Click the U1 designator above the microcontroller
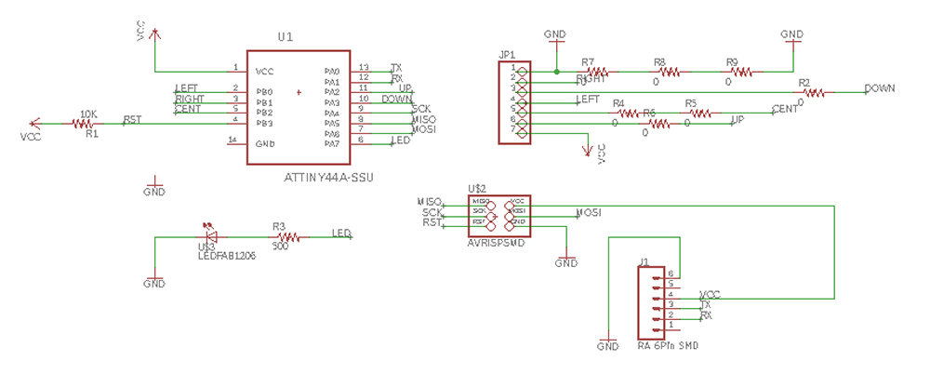pyautogui.click(x=286, y=37)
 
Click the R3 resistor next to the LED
pyautogui.click(x=286, y=238)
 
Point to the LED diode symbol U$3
pyautogui.click(x=209, y=237)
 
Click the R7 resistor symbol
pyautogui.click(x=596, y=71)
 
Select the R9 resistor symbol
pyautogui.click(x=737, y=71)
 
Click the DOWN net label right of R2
pyautogui.click(x=879, y=89)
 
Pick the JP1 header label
pyautogui.click(x=507, y=55)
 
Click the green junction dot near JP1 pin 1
pyautogui.click(x=555, y=71)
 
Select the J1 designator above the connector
pyautogui.click(x=644, y=261)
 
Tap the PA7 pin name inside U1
pyautogui.click(x=332, y=143)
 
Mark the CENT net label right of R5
pyautogui.click(x=785, y=110)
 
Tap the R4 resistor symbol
pyautogui.click(x=628, y=113)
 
